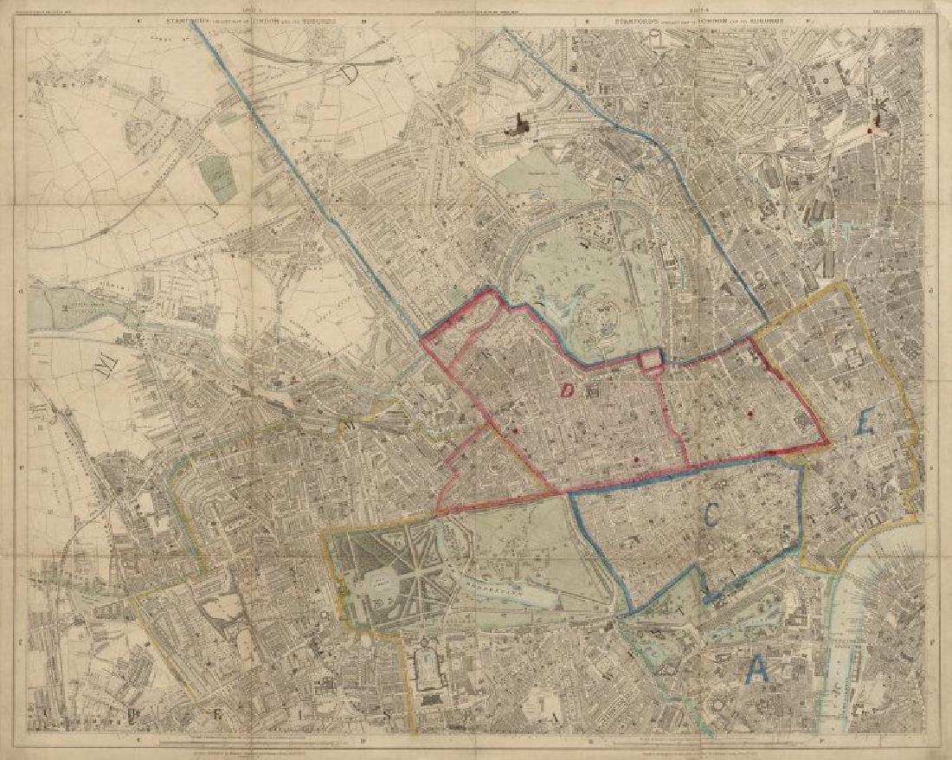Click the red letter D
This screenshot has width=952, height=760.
coord(567,390)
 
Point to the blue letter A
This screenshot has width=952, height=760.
coord(758,667)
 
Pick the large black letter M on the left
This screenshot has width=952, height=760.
coord(106,367)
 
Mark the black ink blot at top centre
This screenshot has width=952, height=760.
coord(521,125)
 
